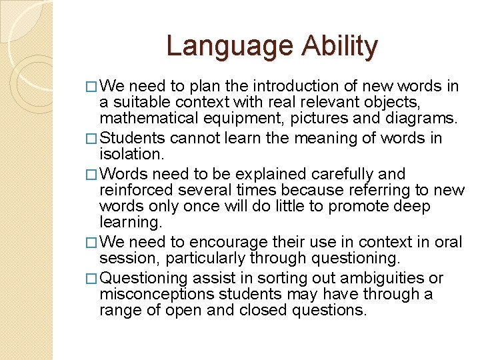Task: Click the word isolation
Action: point(131,155)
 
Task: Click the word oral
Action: point(449,242)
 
